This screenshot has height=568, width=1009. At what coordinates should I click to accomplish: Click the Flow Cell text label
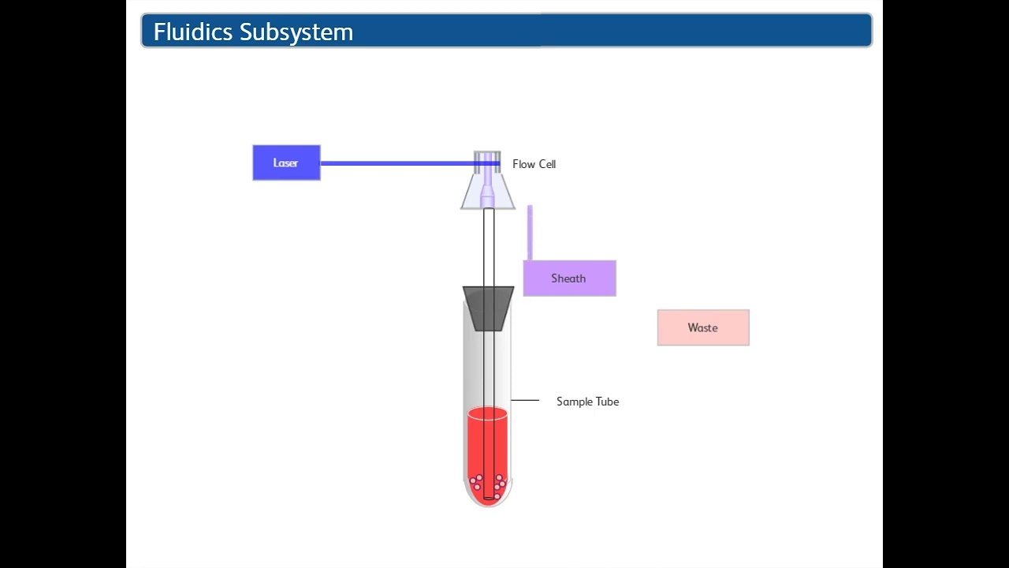pyautogui.click(x=534, y=164)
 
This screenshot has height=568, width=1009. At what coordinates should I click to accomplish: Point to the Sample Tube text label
pyautogui.click(x=587, y=402)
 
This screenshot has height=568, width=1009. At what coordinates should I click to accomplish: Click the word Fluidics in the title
pyautogui.click(x=193, y=32)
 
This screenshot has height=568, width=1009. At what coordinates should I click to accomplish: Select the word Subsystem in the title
pyautogui.click(x=296, y=32)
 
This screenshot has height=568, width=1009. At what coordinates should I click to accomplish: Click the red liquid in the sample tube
pyautogui.click(x=478, y=442)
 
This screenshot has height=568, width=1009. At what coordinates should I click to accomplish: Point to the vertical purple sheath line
pyautogui.click(x=530, y=232)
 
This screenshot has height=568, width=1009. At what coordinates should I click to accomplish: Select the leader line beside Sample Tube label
pyautogui.click(x=525, y=401)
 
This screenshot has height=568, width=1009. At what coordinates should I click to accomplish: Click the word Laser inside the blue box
pyautogui.click(x=285, y=163)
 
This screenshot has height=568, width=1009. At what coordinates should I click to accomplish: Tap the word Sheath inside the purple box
pyautogui.click(x=568, y=278)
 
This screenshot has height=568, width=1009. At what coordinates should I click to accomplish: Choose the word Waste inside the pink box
pyautogui.click(x=702, y=328)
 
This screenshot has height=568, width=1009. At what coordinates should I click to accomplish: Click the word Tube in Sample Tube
pyautogui.click(x=606, y=402)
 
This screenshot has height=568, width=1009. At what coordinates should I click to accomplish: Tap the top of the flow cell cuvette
pyautogui.click(x=487, y=155)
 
